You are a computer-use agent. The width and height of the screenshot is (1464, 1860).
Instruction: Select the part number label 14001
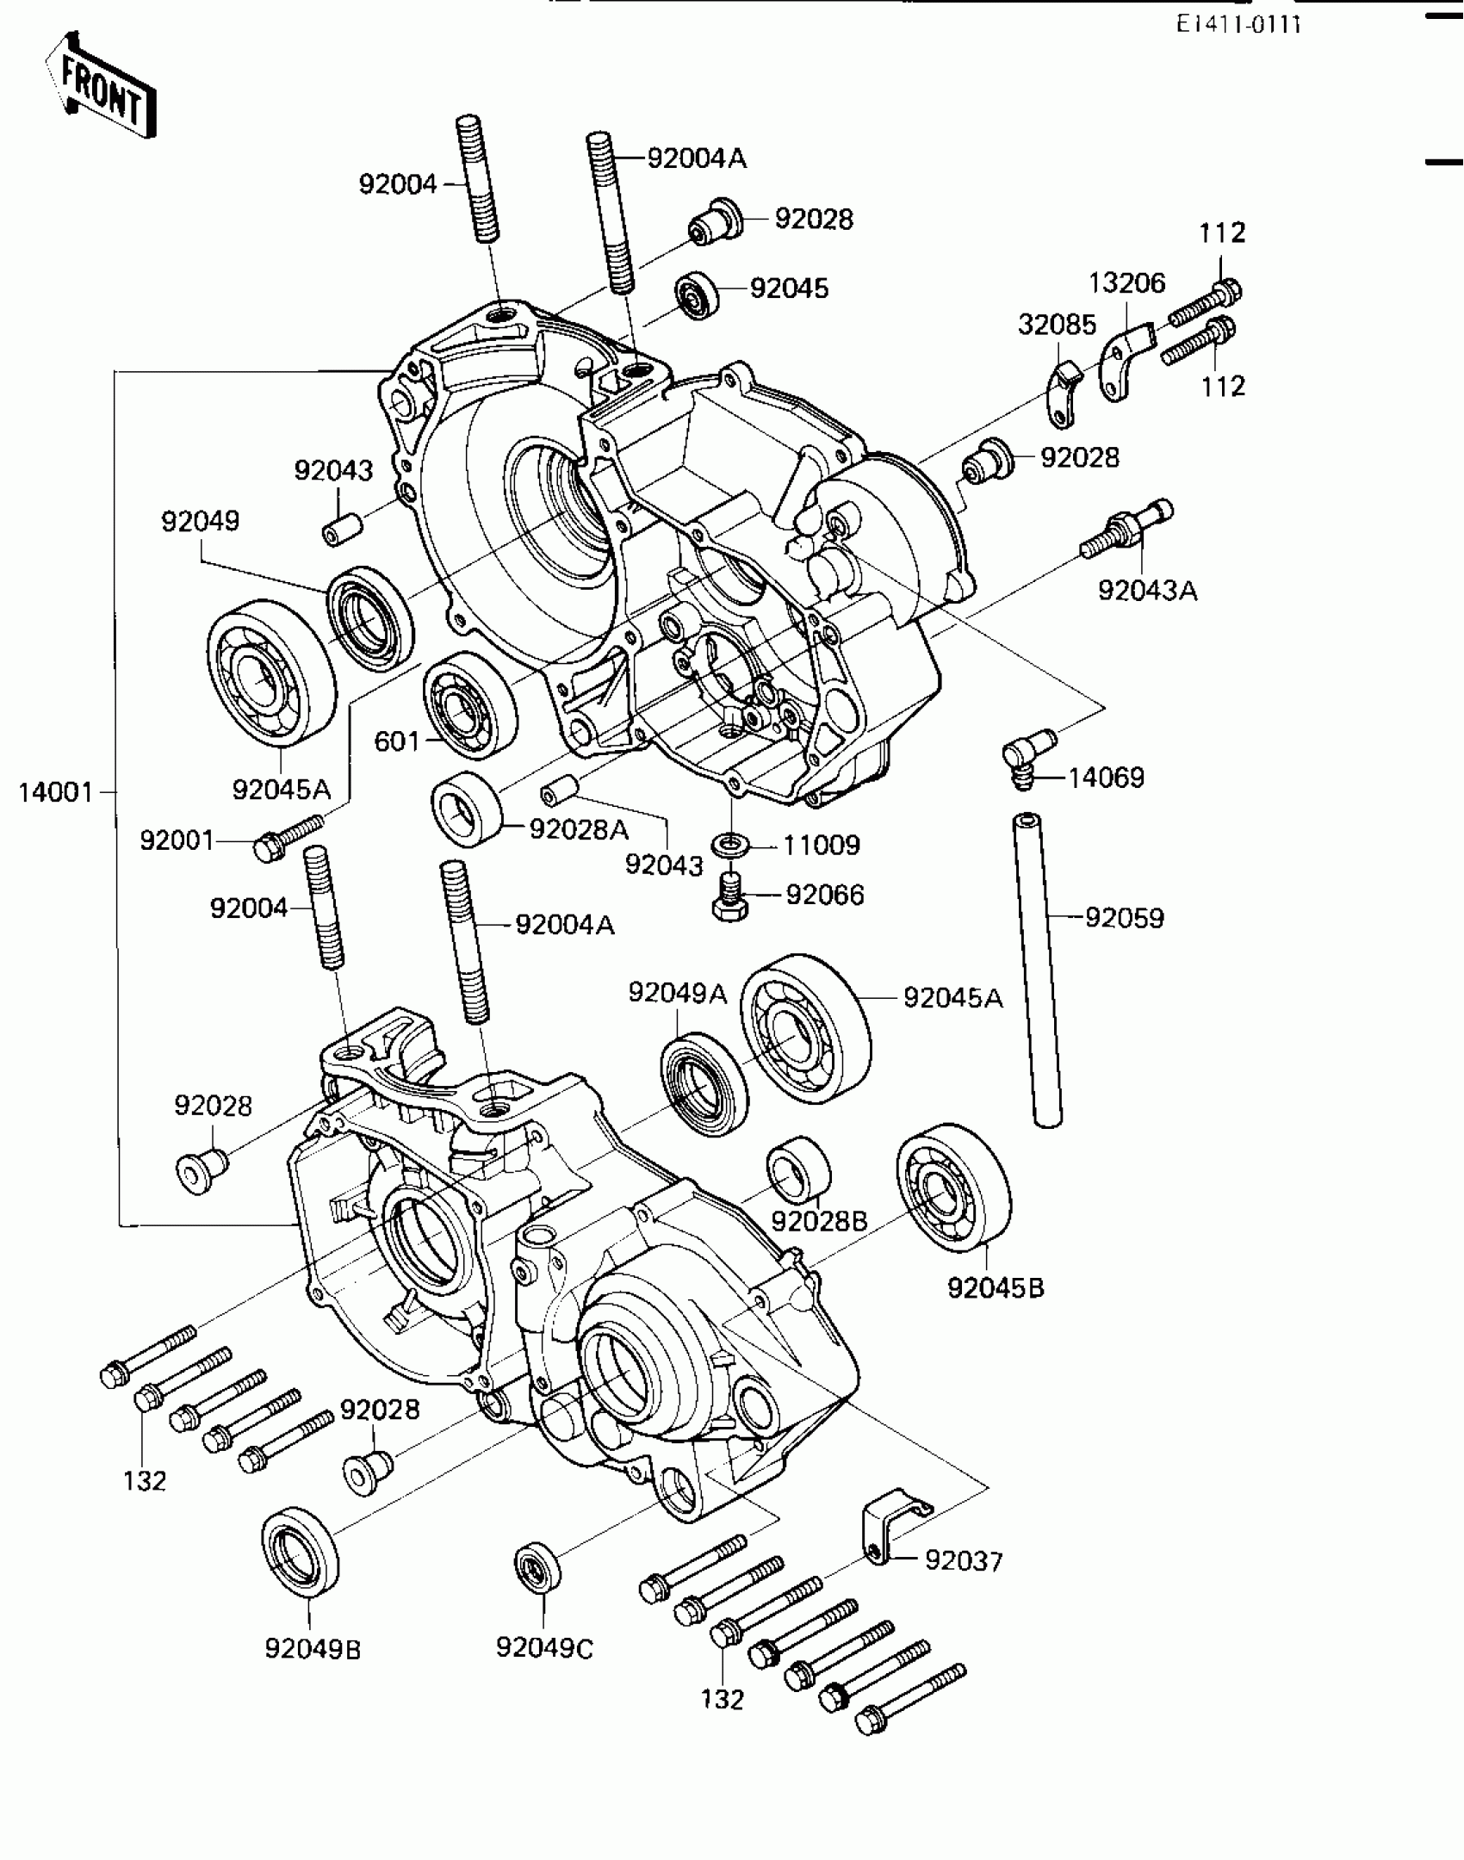click(x=56, y=792)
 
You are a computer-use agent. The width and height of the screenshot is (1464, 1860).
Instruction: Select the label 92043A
click(x=1147, y=591)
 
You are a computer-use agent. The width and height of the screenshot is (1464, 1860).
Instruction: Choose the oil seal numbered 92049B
click(x=300, y=1551)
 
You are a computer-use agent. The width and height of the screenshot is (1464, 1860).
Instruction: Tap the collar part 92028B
click(x=799, y=1170)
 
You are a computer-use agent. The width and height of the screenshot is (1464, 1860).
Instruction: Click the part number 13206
click(x=1127, y=282)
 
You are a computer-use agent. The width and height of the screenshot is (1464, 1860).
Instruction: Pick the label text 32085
click(x=1057, y=325)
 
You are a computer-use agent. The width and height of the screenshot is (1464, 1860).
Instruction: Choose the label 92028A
click(x=579, y=829)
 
